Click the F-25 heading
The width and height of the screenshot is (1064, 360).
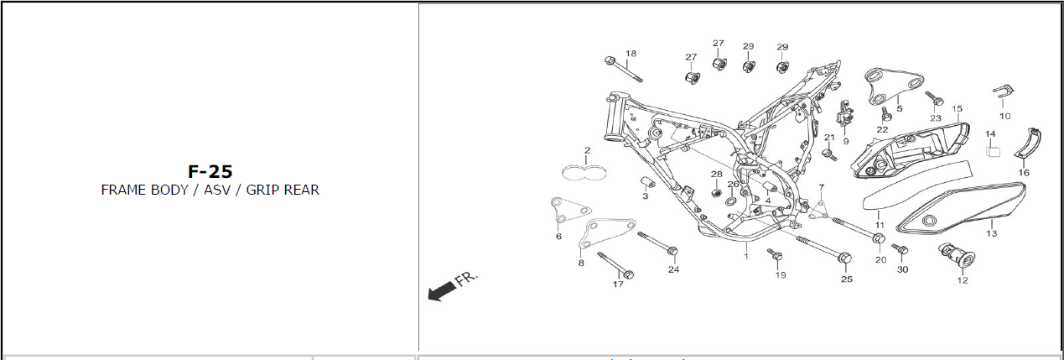210,171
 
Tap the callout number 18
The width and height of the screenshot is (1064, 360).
631,54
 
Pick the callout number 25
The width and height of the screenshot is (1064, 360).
847,279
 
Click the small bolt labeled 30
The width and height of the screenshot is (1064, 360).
901,250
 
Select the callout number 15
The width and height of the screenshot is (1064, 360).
957,108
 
